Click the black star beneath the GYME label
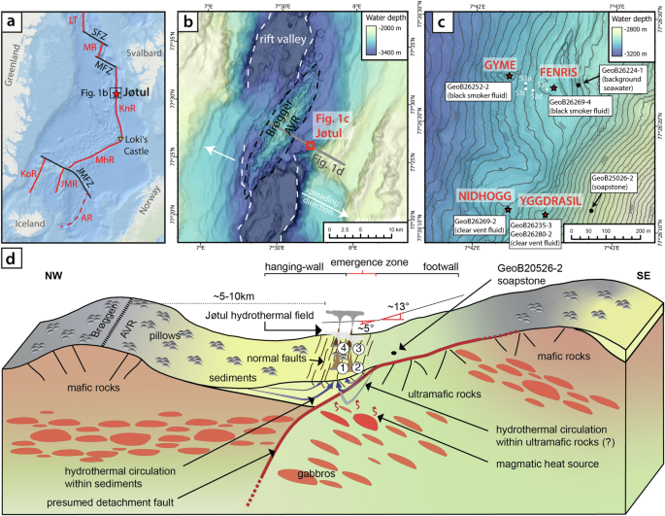point(510,76)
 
